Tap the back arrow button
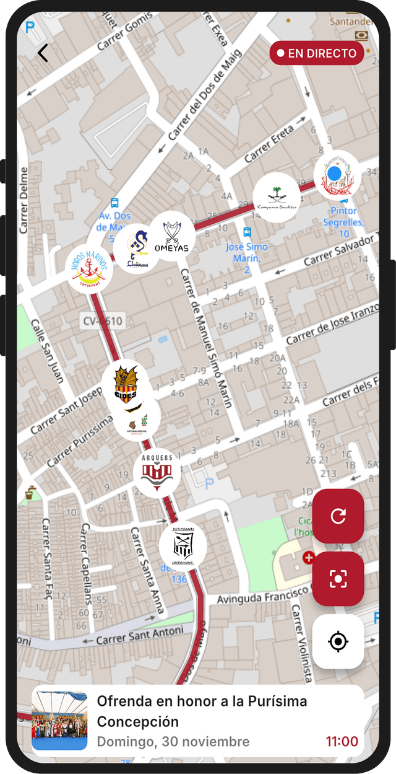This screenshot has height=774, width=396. click(42, 53)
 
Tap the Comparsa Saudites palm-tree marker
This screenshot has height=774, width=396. click(276, 197)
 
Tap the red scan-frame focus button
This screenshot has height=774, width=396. click(338, 579)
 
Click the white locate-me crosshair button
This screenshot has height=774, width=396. click(338, 641)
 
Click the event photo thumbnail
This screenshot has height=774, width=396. click(59, 721)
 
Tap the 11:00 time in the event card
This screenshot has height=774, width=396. click(342, 741)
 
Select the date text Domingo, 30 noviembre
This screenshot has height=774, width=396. click(173, 741)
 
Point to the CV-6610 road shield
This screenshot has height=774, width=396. click(103, 321)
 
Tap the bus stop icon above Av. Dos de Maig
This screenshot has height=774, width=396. click(114, 203)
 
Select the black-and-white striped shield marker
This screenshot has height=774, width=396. click(182, 546)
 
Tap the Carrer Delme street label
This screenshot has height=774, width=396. click(25, 200)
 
